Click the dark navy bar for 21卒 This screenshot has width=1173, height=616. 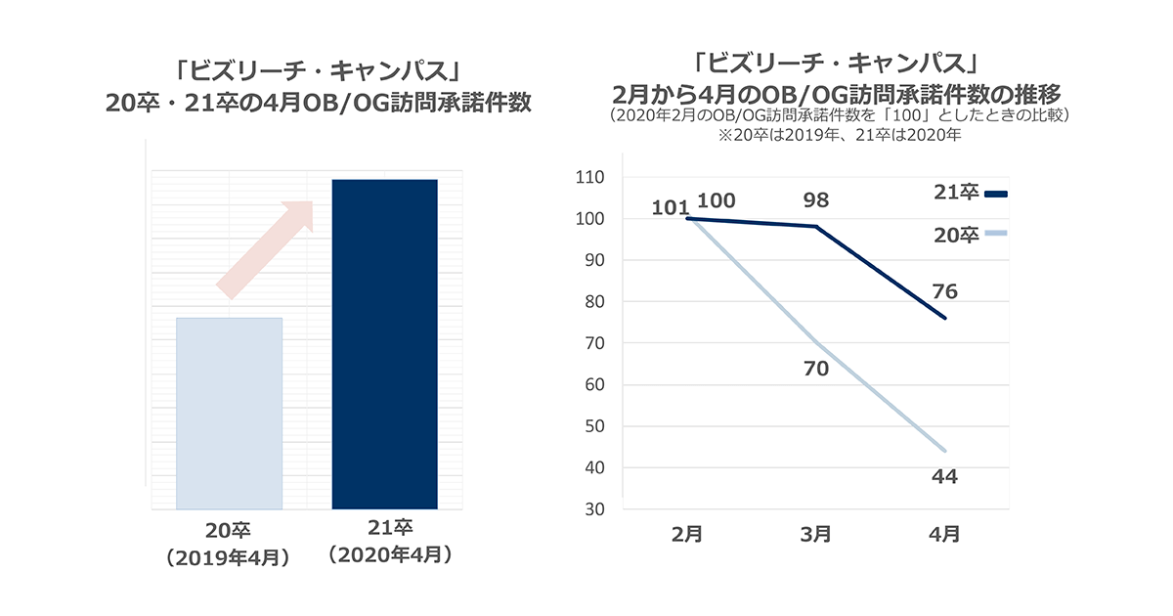(384, 344)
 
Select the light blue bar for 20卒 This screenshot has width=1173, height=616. (229, 414)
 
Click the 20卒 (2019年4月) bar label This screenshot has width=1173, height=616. (229, 545)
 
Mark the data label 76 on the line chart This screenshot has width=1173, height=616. (944, 291)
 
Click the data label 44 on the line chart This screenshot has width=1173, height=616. (944, 477)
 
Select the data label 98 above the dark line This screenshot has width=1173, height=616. (815, 200)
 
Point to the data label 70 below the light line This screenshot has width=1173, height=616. (815, 369)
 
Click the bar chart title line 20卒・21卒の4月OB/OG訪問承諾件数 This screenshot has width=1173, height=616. (319, 103)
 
